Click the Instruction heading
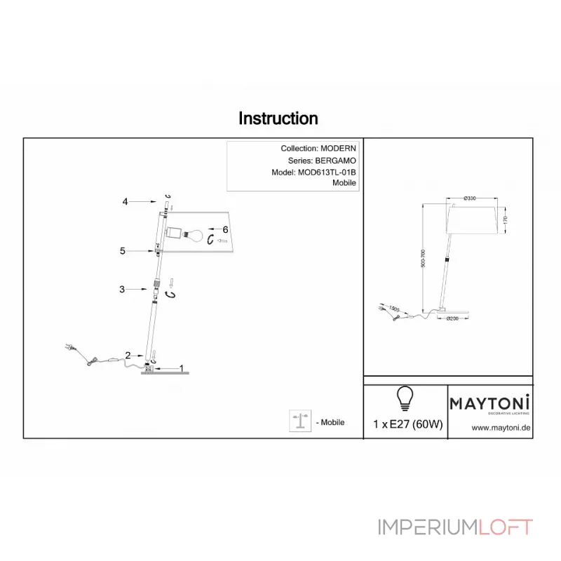[278, 119]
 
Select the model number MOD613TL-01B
[327, 172]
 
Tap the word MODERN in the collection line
[338, 149]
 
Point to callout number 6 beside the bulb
[225, 229]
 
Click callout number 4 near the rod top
[125, 202]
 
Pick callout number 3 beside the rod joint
[122, 289]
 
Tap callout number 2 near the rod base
[128, 355]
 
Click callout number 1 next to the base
[182, 367]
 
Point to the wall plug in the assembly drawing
[69, 347]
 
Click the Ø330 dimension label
[471, 198]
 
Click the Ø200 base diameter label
[454, 319]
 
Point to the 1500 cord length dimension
[395, 309]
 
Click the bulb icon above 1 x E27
[405, 398]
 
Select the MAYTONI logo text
[489, 403]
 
